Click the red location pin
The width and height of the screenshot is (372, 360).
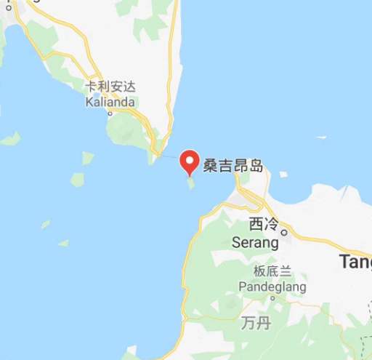(x=190, y=161)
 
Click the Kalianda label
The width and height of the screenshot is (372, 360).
(x=110, y=102)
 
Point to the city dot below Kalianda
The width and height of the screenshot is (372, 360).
(x=110, y=113)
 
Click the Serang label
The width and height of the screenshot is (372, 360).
(x=254, y=241)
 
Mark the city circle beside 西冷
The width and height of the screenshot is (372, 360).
(x=285, y=233)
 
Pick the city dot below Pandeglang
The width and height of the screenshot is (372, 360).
(x=272, y=297)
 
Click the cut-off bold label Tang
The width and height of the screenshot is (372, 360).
(x=355, y=263)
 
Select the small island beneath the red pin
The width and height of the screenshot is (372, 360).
(x=192, y=183)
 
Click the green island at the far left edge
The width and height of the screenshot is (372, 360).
(x=10, y=138)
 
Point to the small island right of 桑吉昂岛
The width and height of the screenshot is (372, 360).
(x=283, y=175)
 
